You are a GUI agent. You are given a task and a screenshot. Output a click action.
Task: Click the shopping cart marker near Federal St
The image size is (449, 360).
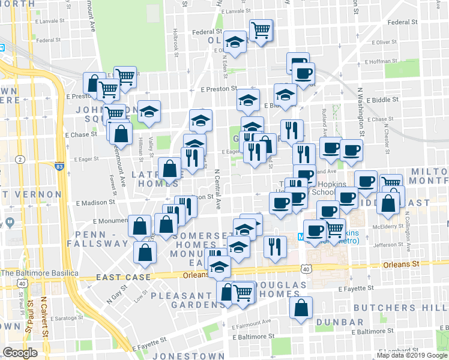(261, 30)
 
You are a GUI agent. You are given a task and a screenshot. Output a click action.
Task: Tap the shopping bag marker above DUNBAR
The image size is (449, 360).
(301, 308)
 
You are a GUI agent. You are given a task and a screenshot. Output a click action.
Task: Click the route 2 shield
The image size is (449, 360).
(20, 159)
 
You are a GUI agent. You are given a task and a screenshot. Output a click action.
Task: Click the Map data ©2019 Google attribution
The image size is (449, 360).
(412, 355)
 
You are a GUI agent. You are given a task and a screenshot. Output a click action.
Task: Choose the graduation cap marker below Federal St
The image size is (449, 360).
(235, 43)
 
